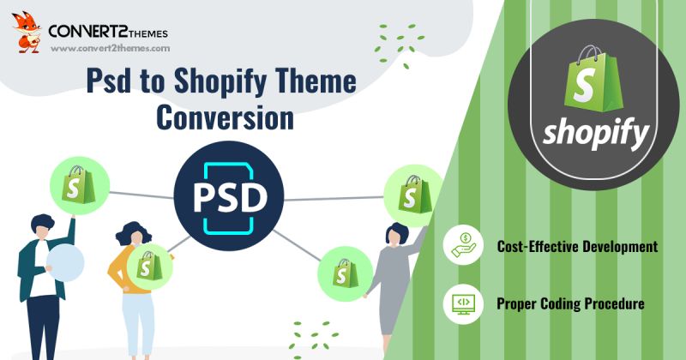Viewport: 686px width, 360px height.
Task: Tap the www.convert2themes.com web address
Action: [x=110, y=49]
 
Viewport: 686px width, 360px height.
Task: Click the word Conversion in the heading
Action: [x=224, y=117]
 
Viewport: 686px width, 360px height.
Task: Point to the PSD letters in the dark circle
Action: [x=228, y=198]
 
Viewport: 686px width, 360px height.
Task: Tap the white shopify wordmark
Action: [x=595, y=134]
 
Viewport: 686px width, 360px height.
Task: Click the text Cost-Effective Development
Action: [x=577, y=247]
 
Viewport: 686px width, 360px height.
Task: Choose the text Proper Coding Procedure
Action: [x=570, y=303]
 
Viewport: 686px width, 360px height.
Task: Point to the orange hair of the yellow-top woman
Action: [x=131, y=232]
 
